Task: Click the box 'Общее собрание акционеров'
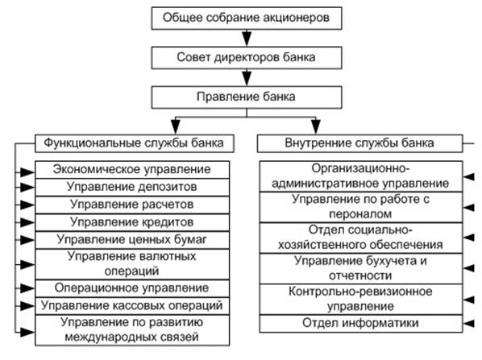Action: click(247, 19)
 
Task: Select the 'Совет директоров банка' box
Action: click(247, 58)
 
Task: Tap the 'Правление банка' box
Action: click(247, 97)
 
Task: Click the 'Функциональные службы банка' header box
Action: click(135, 143)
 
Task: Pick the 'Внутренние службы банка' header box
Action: click(359, 143)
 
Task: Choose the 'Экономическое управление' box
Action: click(132, 170)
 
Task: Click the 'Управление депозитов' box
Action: click(132, 187)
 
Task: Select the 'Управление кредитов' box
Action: click(132, 222)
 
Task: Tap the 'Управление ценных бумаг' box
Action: click(132, 240)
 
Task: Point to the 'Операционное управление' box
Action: click(132, 288)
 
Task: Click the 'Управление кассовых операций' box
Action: click(132, 305)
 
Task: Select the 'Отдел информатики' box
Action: click(361, 324)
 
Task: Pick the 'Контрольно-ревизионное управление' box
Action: click(361, 299)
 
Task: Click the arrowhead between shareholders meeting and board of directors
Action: click(247, 38)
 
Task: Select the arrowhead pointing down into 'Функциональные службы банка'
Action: click(176, 126)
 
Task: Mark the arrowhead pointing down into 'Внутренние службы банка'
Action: click(316, 126)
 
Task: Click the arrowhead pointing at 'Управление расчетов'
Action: click(27, 205)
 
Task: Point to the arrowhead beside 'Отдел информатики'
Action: click(469, 324)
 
